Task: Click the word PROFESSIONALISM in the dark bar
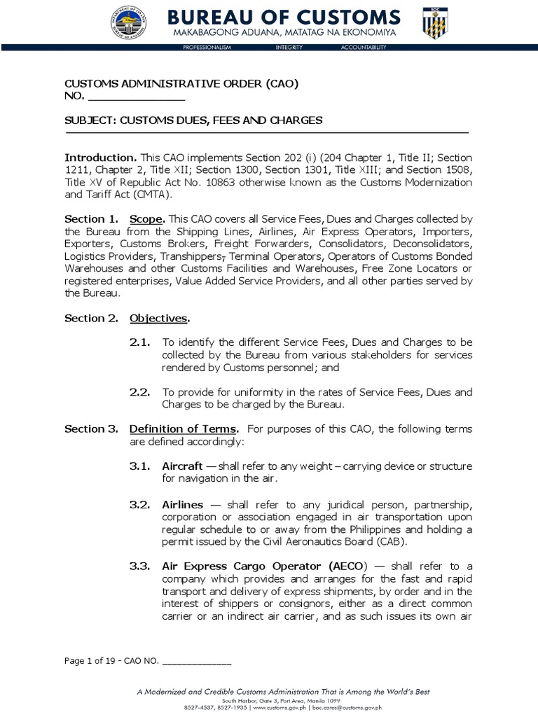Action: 207,48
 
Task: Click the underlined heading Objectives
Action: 159,319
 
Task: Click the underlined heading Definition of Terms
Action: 184,429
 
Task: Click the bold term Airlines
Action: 182,504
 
